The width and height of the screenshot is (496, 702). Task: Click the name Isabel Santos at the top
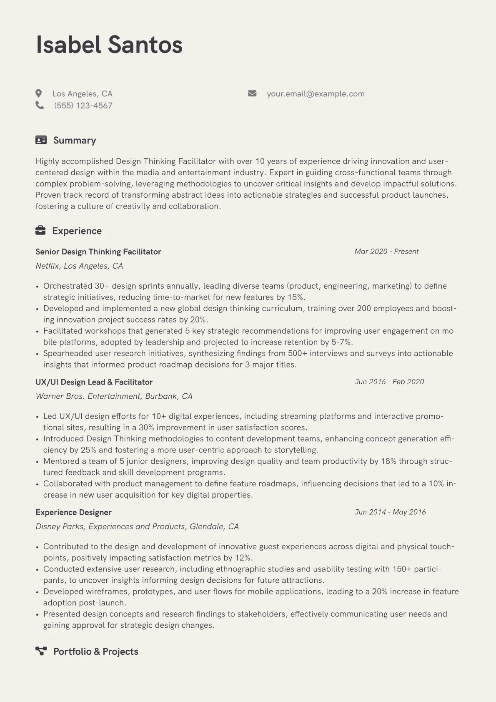click(109, 45)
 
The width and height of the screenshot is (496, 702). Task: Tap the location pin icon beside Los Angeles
click(39, 93)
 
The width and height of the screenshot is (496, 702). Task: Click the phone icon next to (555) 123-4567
click(40, 106)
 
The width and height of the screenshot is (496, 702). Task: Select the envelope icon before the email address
click(252, 93)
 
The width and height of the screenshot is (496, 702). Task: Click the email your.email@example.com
click(316, 94)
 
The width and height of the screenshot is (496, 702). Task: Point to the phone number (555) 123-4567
click(83, 106)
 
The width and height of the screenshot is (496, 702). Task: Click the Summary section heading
click(75, 141)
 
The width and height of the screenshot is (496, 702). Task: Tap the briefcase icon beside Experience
click(40, 231)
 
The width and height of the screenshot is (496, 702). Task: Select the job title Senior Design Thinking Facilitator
click(98, 252)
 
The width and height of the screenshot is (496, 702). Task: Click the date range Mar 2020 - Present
click(386, 252)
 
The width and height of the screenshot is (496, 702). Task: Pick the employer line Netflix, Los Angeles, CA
click(79, 266)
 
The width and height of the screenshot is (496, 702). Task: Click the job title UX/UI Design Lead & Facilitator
click(94, 382)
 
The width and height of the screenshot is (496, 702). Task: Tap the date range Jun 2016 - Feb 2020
click(389, 382)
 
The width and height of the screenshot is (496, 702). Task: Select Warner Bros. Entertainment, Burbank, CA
click(114, 396)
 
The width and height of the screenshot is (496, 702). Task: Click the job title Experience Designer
click(73, 512)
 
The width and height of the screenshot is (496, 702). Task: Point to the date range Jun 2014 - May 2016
click(390, 512)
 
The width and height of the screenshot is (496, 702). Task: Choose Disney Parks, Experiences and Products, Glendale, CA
click(137, 526)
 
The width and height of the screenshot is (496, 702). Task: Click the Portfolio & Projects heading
click(95, 652)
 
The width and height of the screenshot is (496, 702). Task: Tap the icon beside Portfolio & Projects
click(41, 651)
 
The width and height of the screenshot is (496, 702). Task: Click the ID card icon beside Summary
click(41, 140)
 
